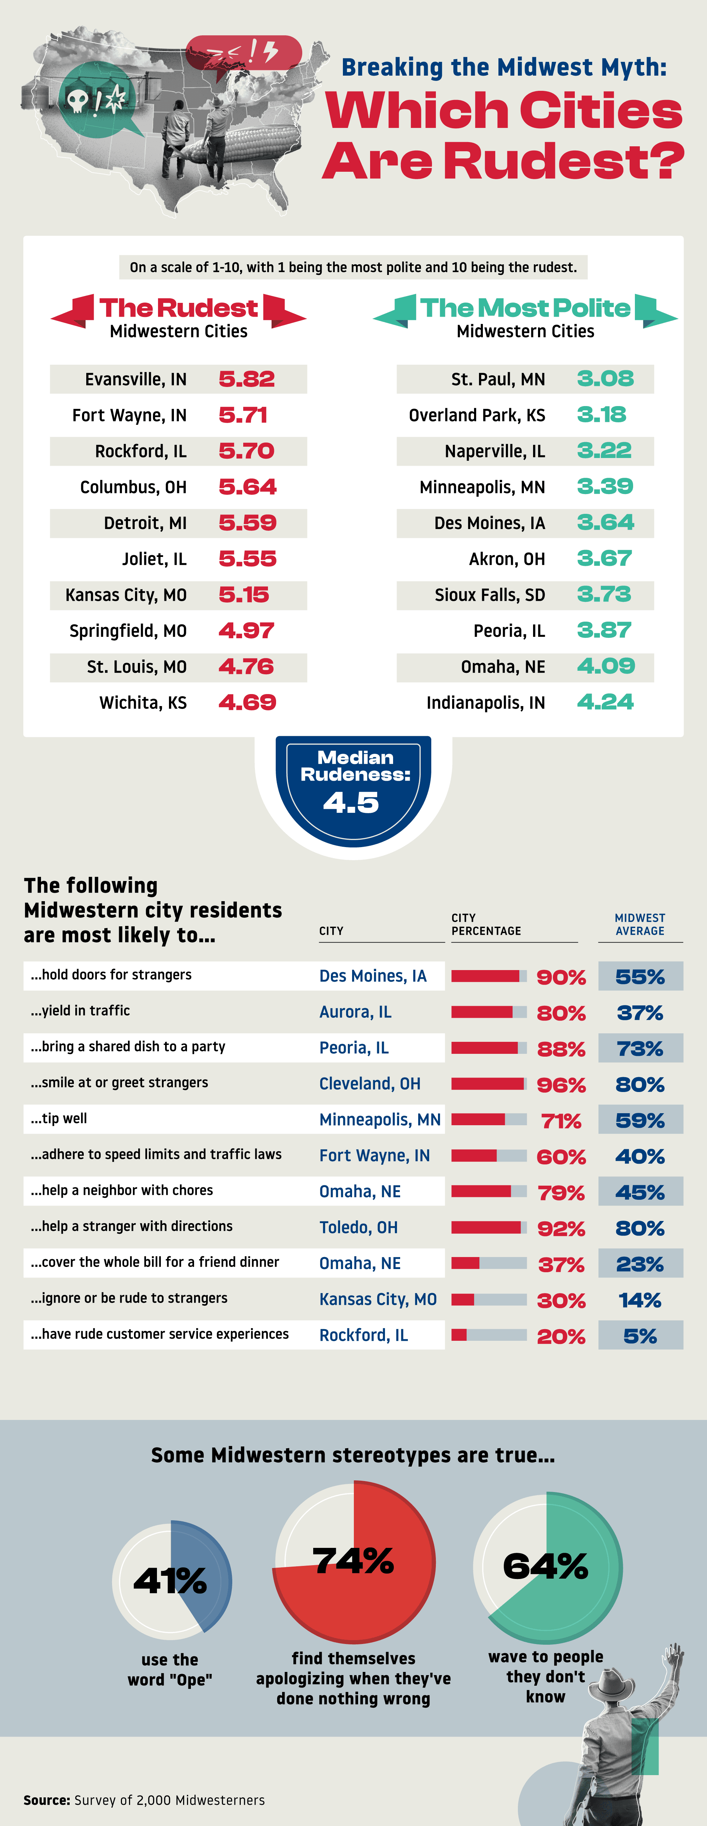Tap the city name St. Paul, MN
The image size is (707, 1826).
coord(498,379)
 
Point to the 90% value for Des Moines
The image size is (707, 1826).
coord(561,977)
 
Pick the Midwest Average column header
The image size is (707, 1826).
coord(639,924)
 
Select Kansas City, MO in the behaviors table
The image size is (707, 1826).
coord(377,1299)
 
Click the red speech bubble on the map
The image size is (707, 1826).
coord(243,53)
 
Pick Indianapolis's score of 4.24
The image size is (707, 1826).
coord(605,703)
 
